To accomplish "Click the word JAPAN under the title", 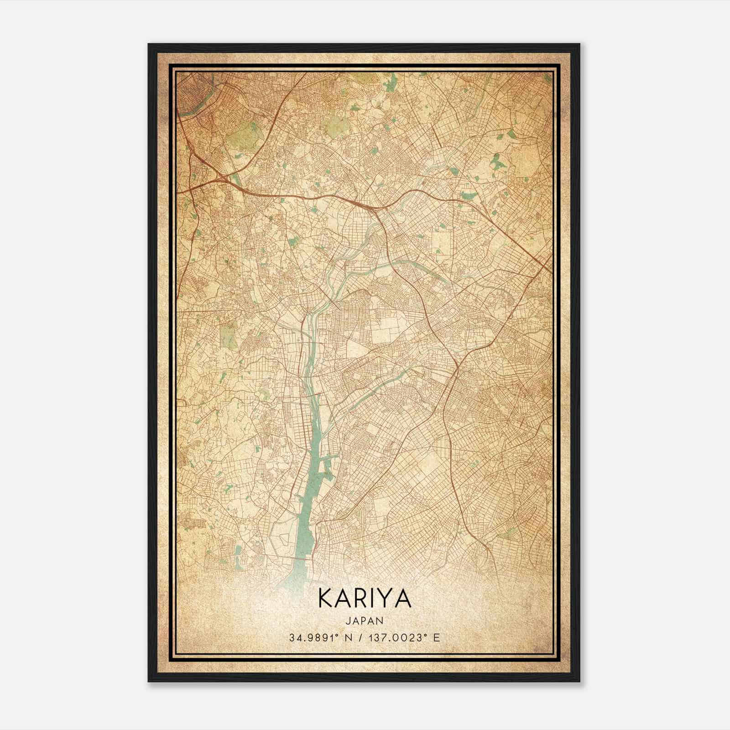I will (x=365, y=620).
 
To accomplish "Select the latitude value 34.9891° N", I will (x=318, y=637).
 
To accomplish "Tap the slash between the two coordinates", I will (x=361, y=637).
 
